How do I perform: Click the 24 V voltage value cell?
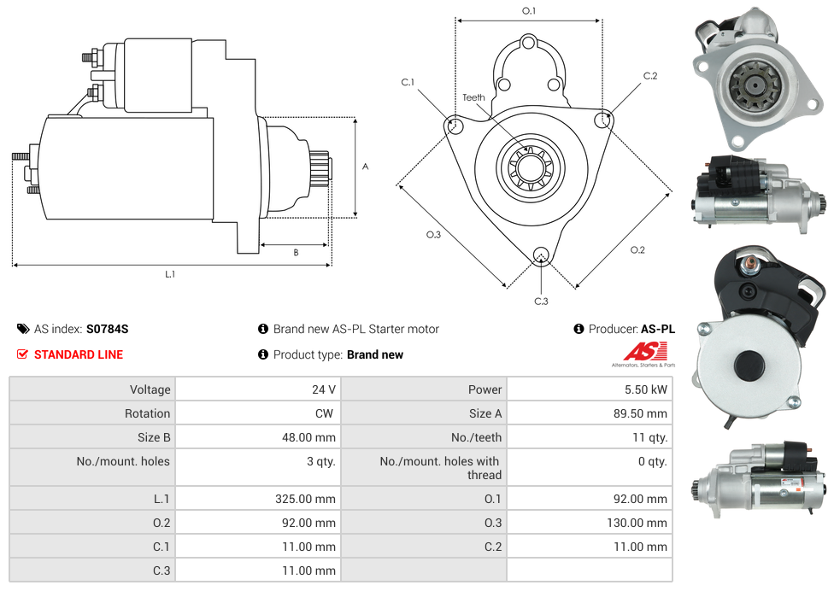point(323,389)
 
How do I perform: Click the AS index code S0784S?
point(107,329)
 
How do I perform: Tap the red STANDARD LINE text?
point(79,354)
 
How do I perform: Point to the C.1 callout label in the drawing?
point(408,82)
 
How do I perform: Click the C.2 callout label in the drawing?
point(650,76)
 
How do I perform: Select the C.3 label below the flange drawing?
point(541,301)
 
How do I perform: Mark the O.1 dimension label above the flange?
point(529,11)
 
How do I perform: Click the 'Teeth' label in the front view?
point(473,97)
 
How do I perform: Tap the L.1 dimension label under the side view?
point(170,274)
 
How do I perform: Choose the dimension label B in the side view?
point(296,252)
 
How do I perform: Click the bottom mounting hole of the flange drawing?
point(540,255)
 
